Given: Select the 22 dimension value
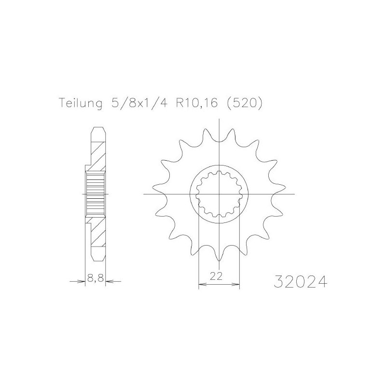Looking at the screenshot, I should [216, 276].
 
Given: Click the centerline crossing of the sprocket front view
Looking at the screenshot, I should [220, 194].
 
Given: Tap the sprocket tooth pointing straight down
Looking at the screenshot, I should [220, 256].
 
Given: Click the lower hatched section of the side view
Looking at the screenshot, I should [98, 236].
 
